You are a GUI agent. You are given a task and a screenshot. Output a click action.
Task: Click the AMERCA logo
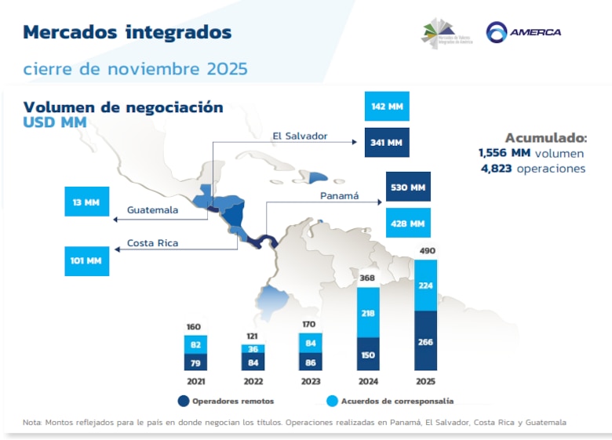pos(523,32)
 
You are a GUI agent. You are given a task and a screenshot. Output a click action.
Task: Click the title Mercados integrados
pos(127,32)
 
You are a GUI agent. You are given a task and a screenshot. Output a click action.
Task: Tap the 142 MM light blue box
pos(387,107)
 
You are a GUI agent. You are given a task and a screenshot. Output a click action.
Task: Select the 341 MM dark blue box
pos(387,143)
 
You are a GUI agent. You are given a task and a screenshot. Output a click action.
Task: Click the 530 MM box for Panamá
pos(408,187)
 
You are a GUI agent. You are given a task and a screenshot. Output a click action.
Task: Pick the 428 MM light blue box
pos(408,224)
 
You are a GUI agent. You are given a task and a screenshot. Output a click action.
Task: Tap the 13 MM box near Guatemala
pos(86,202)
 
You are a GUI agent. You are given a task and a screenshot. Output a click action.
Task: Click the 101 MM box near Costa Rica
pos(86,260)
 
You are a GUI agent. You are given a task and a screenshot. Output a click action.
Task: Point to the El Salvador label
pos(300,136)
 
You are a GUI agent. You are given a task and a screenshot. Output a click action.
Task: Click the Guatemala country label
pos(152,209)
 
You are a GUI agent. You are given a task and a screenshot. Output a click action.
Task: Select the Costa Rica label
pos(152,243)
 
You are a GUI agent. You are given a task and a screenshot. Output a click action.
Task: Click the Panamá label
pos(339,195)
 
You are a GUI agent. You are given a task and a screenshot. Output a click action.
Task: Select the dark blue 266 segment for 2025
pos(425,341)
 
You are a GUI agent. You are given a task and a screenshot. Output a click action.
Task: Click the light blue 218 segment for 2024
pos(368,313)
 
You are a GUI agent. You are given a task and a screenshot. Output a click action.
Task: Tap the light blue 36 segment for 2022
pos(253,349)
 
